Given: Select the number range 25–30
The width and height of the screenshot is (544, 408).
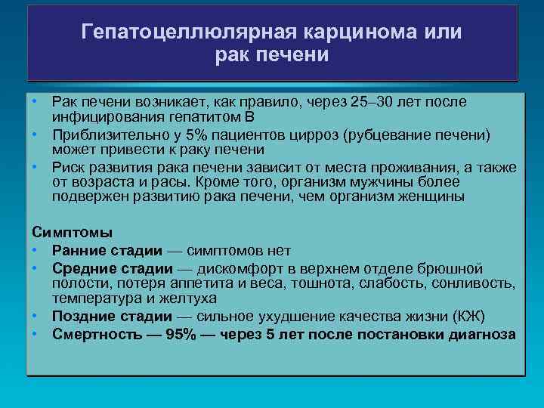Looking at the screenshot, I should click(376, 102).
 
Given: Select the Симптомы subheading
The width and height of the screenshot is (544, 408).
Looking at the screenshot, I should click(72, 232).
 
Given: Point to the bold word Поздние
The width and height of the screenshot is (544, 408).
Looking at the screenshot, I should click(83, 316).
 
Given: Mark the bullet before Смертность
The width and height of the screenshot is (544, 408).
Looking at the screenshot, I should click(35, 333).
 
